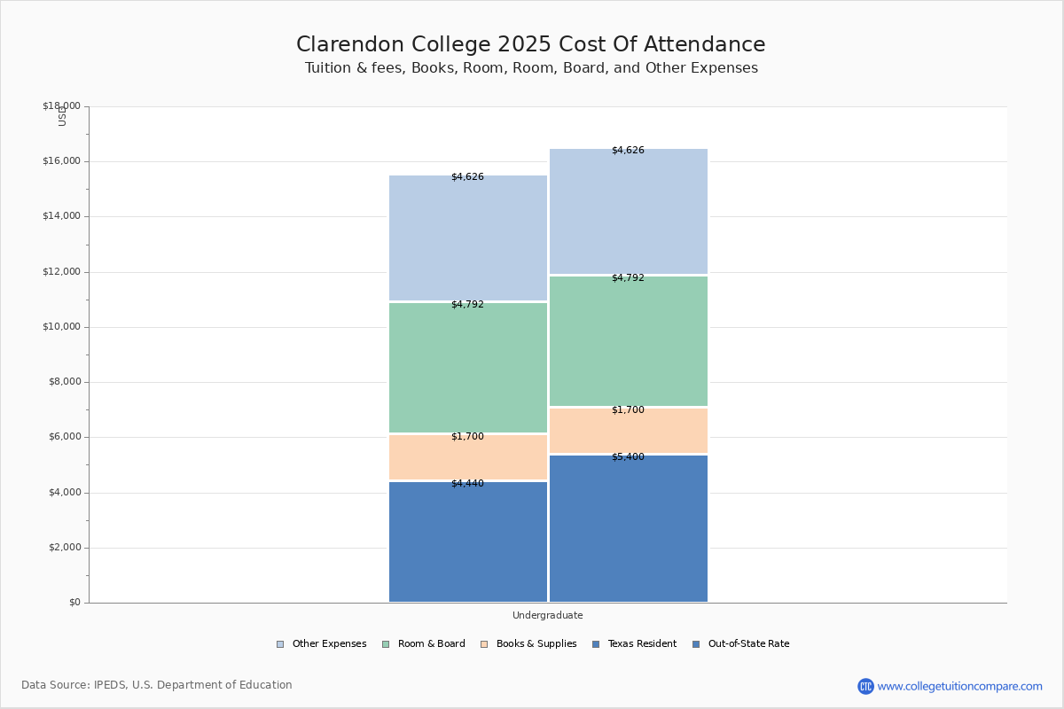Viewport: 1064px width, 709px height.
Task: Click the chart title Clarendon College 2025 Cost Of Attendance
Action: (530, 45)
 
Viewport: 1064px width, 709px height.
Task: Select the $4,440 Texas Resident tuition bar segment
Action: (468, 542)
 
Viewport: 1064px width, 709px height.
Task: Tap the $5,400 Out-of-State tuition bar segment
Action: (629, 529)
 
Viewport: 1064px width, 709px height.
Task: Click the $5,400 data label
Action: (628, 457)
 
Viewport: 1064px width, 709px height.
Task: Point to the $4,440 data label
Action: (467, 484)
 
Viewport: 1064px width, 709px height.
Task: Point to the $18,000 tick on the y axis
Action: (61, 106)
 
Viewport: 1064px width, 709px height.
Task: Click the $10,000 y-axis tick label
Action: (61, 327)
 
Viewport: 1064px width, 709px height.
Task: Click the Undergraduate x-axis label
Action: (547, 615)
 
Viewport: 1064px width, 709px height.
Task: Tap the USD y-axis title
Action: (62, 116)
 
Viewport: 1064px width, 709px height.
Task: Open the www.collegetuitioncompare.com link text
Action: (959, 686)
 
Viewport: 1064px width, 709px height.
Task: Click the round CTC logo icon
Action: (865, 686)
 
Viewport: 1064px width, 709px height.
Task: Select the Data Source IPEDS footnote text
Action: (157, 685)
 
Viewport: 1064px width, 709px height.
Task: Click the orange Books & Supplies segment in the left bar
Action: (468, 458)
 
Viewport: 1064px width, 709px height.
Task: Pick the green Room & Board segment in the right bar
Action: (629, 341)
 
